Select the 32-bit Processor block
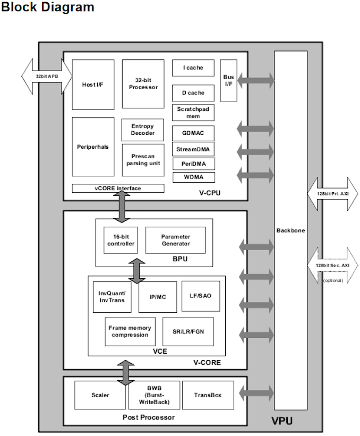[143, 84]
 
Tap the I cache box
[193, 68]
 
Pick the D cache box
[193, 93]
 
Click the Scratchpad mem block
[193, 113]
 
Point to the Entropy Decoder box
[142, 130]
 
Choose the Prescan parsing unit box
[142, 160]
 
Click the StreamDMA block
[193, 150]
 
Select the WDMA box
[193, 177]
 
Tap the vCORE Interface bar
[118, 189]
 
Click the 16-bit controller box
[121, 240]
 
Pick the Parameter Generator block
[175, 240]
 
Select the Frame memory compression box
[130, 332]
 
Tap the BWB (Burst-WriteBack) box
[155, 395]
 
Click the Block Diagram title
[48, 7]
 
